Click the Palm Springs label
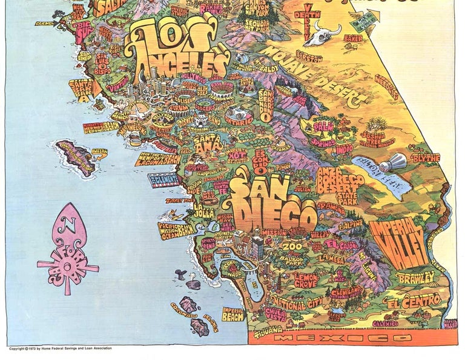[x=325, y=136]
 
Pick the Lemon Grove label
[x=305, y=279]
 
